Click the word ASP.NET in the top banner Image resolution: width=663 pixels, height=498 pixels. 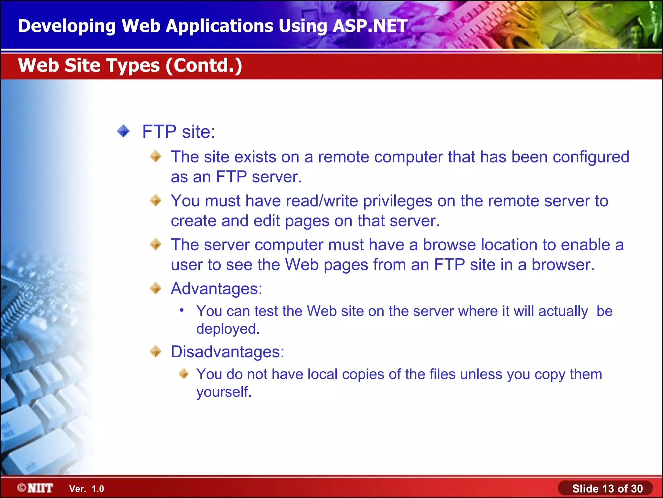pyautogui.click(x=370, y=26)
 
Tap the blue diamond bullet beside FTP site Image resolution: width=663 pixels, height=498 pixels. pyautogui.click(x=123, y=131)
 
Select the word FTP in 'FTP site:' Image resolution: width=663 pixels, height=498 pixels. pyautogui.click(x=159, y=132)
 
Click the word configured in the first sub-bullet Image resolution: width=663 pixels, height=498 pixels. pyautogui.click(x=591, y=157)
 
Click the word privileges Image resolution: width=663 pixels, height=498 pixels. pyautogui.click(x=398, y=201)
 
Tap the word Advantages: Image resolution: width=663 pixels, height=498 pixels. pyautogui.click(x=216, y=289)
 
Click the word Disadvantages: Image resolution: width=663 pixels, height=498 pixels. pyautogui.click(x=227, y=352)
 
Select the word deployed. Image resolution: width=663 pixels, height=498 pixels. pyautogui.click(x=228, y=329)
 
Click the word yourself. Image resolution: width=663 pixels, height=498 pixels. pyautogui.click(x=224, y=392)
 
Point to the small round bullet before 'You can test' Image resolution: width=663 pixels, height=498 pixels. pyautogui.click(x=182, y=311)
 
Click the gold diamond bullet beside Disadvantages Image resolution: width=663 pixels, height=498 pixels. pyautogui.click(x=156, y=351)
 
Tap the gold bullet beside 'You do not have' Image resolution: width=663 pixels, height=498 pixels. pyautogui.click(x=184, y=374)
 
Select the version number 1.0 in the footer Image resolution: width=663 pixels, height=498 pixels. pyautogui.click(x=97, y=489)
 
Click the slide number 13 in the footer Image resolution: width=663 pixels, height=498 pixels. pyautogui.click(x=607, y=489)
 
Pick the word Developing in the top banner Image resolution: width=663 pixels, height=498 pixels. pyautogui.click(x=67, y=26)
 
